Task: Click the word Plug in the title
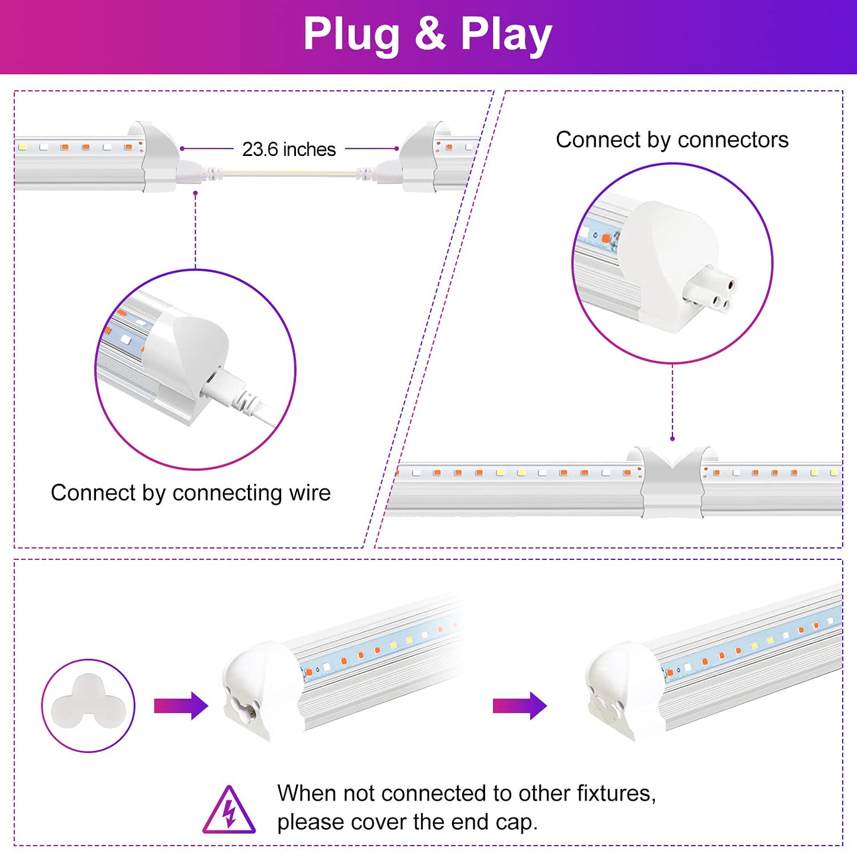click(x=352, y=34)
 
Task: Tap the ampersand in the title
click(x=430, y=34)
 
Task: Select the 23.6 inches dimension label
click(x=289, y=149)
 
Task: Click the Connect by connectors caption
click(x=672, y=140)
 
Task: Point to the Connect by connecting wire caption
click(x=190, y=493)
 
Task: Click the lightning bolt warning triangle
click(x=229, y=811)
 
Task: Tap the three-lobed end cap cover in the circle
click(x=88, y=705)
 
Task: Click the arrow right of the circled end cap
click(x=181, y=705)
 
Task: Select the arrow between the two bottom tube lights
click(x=520, y=705)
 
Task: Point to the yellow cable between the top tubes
click(x=289, y=174)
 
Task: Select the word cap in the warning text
click(x=517, y=822)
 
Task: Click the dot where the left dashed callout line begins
click(x=195, y=193)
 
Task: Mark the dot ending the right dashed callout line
click(x=673, y=438)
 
